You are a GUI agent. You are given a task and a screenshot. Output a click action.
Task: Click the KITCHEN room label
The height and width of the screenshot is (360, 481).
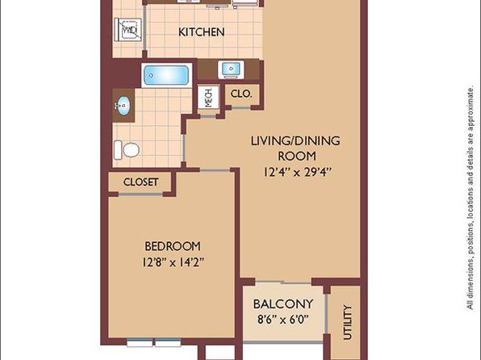[201, 32]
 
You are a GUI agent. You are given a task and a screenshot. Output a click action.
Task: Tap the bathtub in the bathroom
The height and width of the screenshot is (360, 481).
[166, 75]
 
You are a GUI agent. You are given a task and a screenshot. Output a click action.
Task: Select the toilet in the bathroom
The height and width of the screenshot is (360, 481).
[127, 150]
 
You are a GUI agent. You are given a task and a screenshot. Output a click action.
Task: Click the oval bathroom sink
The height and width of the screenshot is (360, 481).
[123, 106]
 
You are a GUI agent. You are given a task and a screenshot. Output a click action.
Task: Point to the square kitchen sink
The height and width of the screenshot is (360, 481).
[231, 69]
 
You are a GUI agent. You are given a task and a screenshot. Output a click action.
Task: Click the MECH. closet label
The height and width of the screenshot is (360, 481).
[208, 98]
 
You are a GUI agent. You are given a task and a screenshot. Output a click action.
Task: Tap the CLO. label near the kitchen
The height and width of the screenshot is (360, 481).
[241, 94]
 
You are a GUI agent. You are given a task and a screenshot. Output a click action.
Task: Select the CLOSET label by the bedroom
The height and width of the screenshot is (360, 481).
[140, 182]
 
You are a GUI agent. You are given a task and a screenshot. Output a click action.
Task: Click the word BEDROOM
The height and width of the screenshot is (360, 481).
[173, 246]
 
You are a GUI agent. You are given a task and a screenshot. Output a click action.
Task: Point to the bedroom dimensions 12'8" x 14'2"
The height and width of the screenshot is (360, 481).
[173, 262]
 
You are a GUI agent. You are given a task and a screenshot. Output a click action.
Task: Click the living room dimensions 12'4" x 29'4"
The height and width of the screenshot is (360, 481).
[298, 172]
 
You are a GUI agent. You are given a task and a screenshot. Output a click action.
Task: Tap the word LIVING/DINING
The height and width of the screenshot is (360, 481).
[295, 141]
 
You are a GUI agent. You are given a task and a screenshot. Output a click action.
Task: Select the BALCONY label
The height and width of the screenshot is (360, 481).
[283, 304]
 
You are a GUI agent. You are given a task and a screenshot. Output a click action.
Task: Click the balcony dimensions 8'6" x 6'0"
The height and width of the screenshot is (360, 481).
[282, 320]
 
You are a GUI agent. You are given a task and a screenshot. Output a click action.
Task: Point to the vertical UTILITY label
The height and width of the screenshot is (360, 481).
[347, 322]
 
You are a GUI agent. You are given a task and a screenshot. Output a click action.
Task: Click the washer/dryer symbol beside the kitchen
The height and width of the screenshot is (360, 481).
[128, 30]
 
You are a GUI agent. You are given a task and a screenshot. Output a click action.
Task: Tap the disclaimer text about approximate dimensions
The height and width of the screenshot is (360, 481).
[471, 199]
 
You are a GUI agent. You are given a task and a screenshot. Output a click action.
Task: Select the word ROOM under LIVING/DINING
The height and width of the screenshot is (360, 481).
[297, 157]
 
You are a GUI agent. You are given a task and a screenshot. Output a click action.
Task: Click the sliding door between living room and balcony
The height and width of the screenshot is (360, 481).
[282, 282]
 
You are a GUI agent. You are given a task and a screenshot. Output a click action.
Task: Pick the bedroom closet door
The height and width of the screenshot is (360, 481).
[140, 194]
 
